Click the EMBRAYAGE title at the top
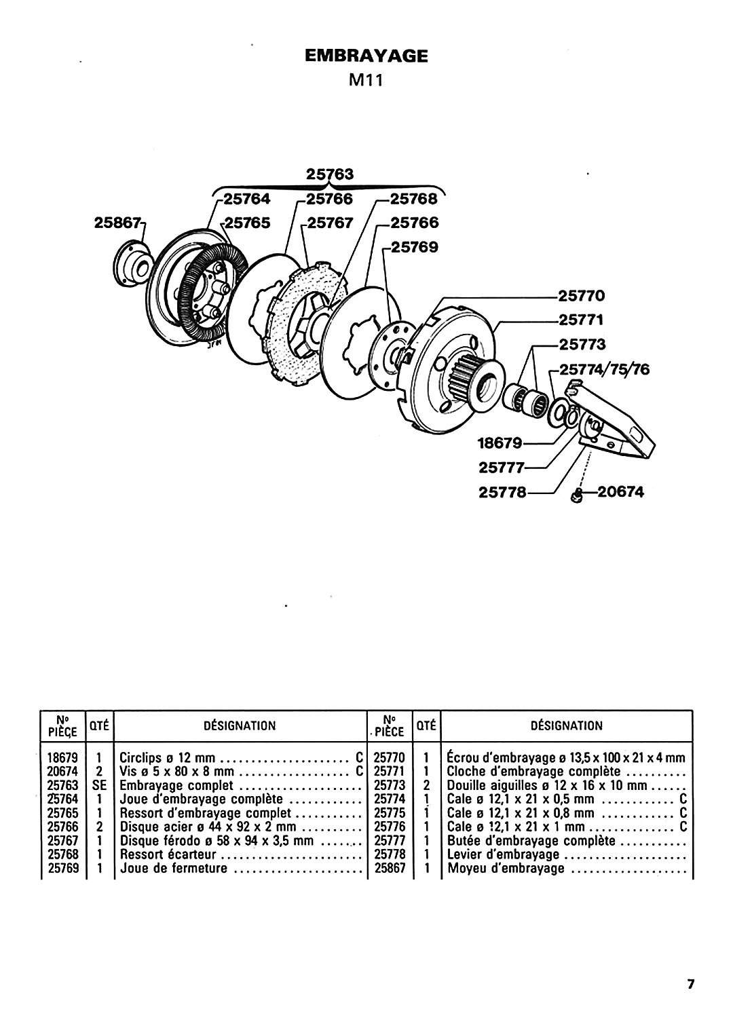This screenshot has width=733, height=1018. tap(366, 56)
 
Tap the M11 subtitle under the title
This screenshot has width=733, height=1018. tap(366, 81)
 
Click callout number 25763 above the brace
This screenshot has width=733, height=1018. tap(329, 174)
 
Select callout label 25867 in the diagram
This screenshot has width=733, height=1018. tap(118, 223)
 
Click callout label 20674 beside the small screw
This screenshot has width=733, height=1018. tap(620, 492)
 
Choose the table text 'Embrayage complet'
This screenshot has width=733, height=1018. tap(176, 785)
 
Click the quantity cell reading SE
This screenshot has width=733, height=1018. tap(99, 785)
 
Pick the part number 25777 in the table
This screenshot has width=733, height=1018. tap(390, 841)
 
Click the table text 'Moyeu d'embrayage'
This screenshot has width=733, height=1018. tap(506, 869)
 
